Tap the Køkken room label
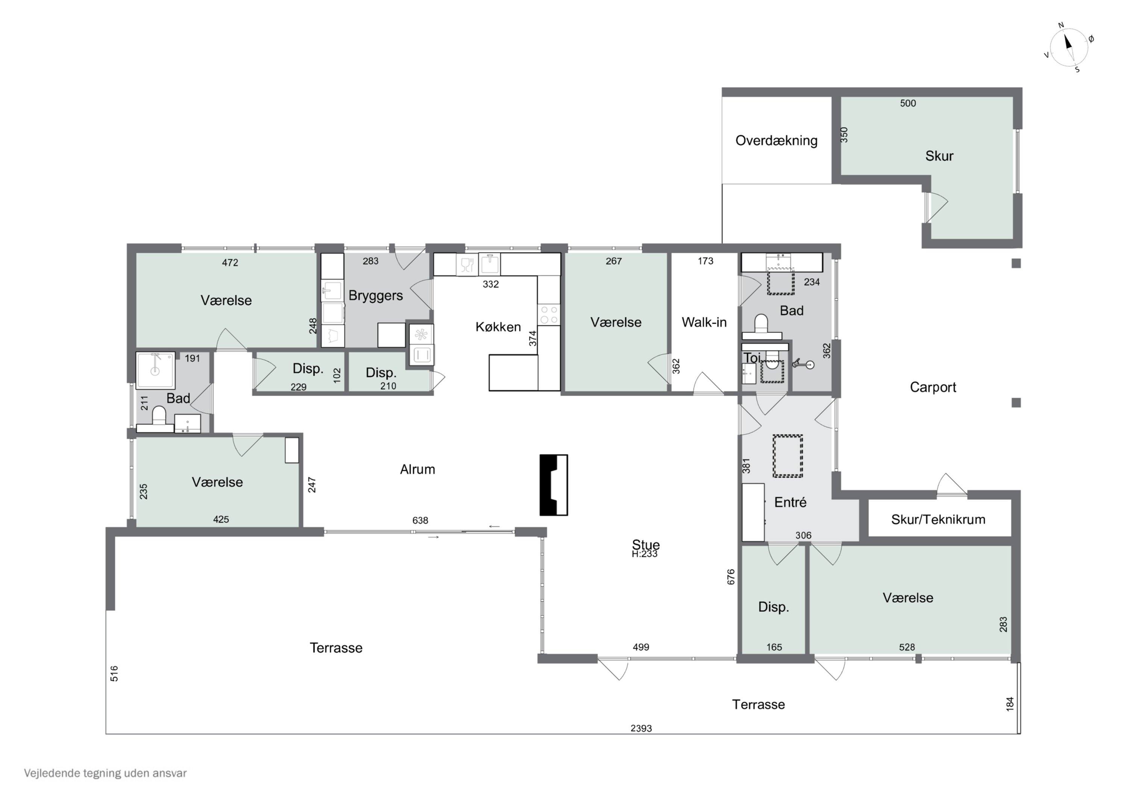point(498,327)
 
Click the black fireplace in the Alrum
point(554,485)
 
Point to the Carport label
point(933,387)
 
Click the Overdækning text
point(776,141)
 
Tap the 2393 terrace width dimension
point(641,728)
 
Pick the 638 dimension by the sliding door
point(420,520)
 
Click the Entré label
point(790,502)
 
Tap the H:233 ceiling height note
point(644,554)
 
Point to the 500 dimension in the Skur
point(908,103)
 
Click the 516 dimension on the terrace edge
point(114,674)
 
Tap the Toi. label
point(752,358)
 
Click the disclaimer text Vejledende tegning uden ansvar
point(105,773)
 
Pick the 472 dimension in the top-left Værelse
point(230,263)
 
